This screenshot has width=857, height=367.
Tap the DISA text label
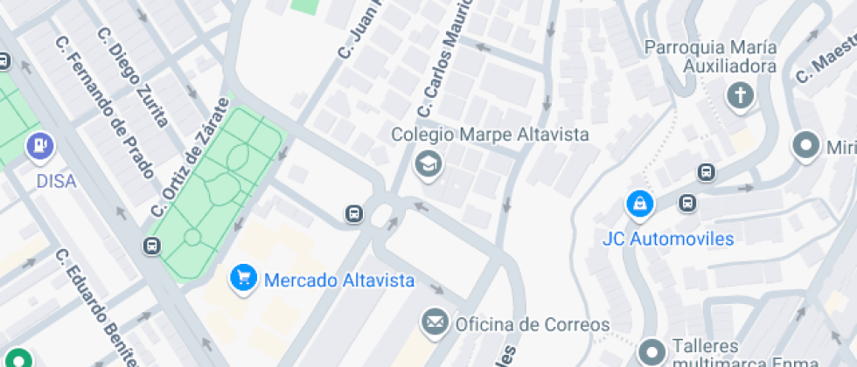coord(55,181)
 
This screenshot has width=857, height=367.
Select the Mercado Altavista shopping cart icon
coord(242,279)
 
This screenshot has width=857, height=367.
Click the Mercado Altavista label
coord(338,280)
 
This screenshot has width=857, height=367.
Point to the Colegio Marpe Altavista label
coord(490,135)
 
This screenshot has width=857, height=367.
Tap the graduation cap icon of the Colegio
coord(428,163)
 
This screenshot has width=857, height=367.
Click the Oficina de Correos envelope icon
coord(434,322)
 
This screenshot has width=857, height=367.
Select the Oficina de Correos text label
coord(532,324)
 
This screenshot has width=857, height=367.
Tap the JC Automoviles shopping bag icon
coord(641,204)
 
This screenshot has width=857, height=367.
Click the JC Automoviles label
coord(668,238)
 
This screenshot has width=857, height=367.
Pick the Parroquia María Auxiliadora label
coord(710,56)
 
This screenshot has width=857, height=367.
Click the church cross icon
coord(741,95)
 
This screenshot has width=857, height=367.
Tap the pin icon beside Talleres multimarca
coord(651,352)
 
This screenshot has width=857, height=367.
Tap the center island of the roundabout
coord(382,212)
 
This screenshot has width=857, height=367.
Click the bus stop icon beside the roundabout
coord(353,213)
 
